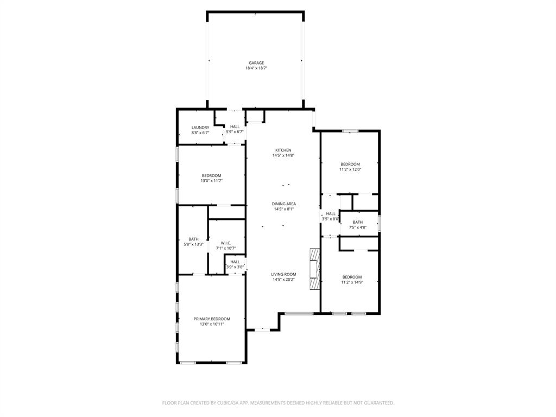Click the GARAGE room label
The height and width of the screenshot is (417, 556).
tap(256, 63)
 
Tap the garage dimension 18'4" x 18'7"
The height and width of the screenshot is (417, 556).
tap(256, 68)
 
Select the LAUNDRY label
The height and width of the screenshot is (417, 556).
tap(200, 128)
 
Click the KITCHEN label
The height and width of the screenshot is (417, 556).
tap(283, 150)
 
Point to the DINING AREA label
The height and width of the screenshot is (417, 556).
tap(284, 204)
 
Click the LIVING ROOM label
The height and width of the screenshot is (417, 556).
tap(283, 275)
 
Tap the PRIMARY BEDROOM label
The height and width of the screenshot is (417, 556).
tap(212, 319)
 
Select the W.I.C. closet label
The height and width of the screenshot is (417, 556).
tap(226, 243)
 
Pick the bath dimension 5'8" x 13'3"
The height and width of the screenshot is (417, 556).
tap(193, 244)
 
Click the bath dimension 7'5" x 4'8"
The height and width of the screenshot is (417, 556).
tap(357, 228)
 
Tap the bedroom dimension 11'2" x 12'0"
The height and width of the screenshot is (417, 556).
tap(350, 169)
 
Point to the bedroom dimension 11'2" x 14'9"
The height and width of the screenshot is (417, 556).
tap(351, 282)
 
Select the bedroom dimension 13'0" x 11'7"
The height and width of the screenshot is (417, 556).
tap(211, 181)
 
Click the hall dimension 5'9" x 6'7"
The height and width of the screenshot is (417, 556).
tap(235, 132)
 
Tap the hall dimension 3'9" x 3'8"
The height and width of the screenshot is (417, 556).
tap(235, 267)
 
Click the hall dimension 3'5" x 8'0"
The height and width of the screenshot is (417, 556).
tap(330, 219)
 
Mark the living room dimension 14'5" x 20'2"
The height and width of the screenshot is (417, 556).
tap(283, 280)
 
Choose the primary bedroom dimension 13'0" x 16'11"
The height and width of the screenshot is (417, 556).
tap(212, 324)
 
